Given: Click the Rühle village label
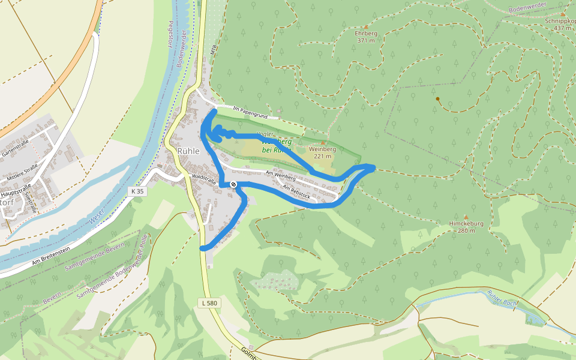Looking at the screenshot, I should tap(188, 151).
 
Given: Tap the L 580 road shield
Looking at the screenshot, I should tap(209, 304).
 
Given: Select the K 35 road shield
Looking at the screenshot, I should tap(137, 191).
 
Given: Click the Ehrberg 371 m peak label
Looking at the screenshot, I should tap(366, 37).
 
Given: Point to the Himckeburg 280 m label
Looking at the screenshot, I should tap(466, 226).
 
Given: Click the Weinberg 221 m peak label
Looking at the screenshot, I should tap(322, 152).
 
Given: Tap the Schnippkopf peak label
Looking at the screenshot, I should tap(560, 24).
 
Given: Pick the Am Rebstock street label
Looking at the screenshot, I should tap(296, 191).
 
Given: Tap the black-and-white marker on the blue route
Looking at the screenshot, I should tap(233, 184).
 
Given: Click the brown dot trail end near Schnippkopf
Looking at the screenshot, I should tap(438, 99).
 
